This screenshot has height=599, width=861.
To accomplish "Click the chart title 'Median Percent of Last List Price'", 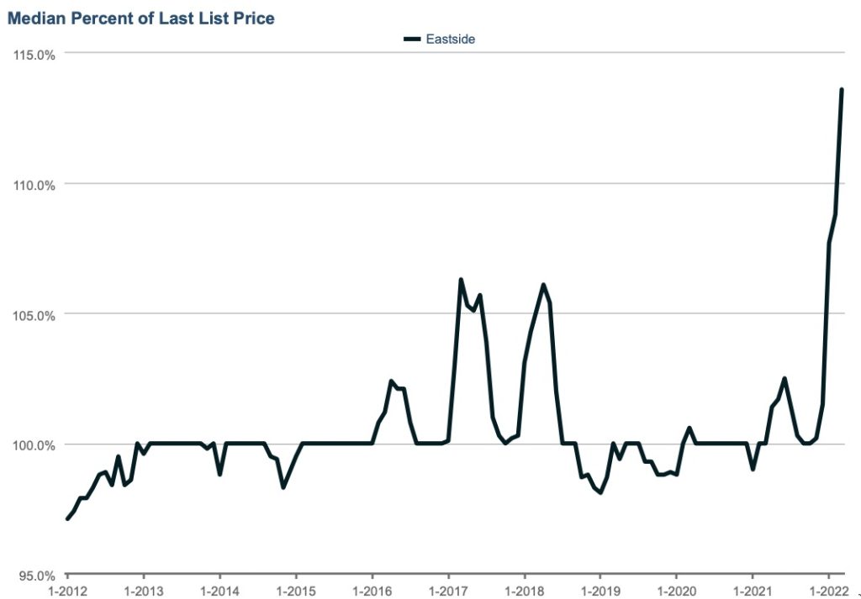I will pos(141,18).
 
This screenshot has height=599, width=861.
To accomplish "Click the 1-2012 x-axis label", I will pos(67,590).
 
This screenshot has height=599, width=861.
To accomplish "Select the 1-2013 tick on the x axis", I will pos(143,590).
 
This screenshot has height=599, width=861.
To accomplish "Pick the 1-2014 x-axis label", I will pos(219,590).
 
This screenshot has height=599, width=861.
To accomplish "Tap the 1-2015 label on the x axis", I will pos(295,590).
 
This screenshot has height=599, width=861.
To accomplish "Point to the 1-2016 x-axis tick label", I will pos(372,590).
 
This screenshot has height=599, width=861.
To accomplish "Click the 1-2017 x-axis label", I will pos(448,590).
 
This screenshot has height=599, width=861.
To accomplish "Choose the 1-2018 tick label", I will pos(524,590).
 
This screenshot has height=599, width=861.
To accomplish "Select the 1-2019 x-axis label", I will pos(600,590).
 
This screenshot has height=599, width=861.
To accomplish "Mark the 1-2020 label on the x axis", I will pos(676,590).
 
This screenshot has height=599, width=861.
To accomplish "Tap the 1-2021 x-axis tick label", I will pos(752,590).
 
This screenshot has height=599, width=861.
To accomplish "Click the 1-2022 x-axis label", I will pos(828,590).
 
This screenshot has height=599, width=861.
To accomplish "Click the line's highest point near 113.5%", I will pos(842,90).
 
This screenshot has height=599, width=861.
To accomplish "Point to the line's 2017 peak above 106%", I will pos(461,280).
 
